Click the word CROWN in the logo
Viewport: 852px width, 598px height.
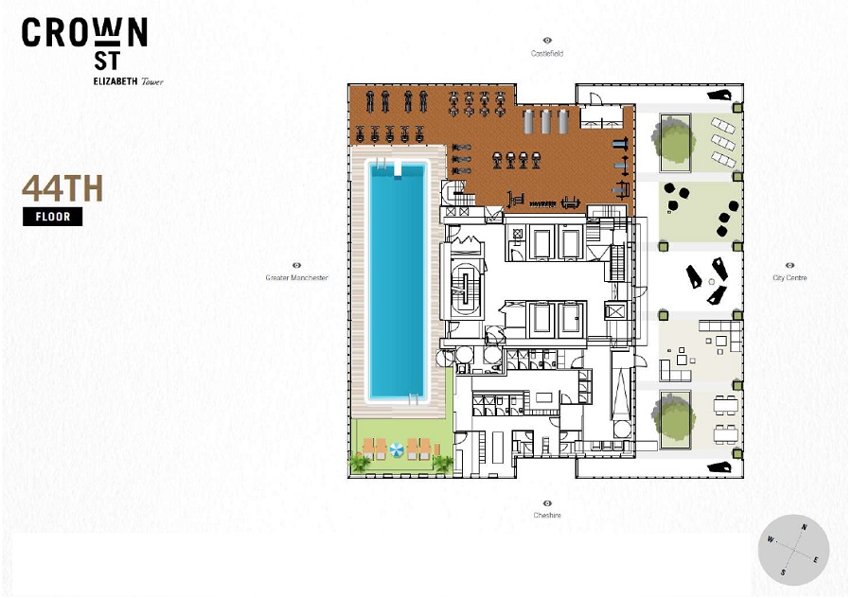85,32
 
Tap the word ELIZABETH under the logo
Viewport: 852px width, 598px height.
115,81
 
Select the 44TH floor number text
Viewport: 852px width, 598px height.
62,188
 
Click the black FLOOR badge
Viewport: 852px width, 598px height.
53,217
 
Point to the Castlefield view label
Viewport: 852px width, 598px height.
547,53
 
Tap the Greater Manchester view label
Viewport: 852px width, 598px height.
296,277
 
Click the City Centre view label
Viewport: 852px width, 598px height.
790,277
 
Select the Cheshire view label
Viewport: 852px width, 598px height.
547,515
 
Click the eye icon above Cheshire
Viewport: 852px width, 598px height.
547,503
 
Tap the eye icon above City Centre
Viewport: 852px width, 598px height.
790,266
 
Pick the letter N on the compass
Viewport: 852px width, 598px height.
804,527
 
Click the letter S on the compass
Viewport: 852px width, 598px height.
783,572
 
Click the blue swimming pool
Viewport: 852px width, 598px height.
398,280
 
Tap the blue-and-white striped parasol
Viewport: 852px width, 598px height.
396,449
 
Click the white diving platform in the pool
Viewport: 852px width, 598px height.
398,168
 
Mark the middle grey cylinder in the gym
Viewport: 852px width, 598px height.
546,121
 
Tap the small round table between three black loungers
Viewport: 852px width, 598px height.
712,281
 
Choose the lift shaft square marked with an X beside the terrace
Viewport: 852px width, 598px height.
615,311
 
